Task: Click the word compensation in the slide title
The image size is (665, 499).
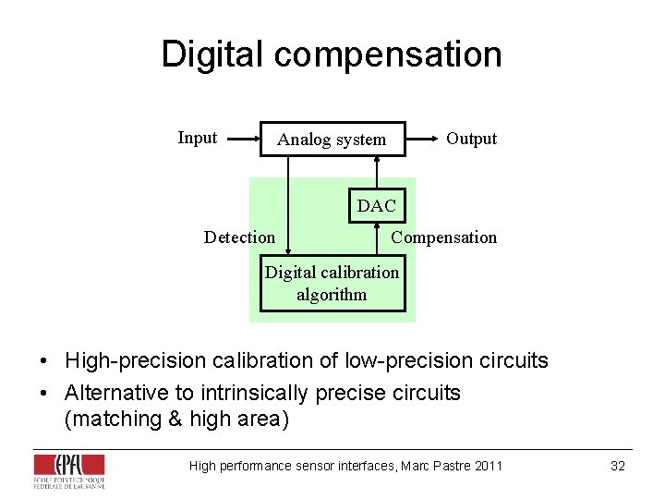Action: (x=388, y=55)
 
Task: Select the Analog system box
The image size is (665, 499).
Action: (x=332, y=140)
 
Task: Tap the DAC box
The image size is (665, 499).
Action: (x=376, y=206)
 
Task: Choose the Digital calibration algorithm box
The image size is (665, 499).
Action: (x=332, y=284)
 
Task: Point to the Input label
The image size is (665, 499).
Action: (x=197, y=138)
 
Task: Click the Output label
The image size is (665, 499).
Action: (x=471, y=139)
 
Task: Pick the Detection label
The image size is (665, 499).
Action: (x=239, y=237)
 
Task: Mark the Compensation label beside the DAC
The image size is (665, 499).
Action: (x=443, y=237)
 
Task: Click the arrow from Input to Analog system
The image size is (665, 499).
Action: (x=244, y=140)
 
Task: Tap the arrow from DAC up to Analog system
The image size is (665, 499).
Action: (x=377, y=173)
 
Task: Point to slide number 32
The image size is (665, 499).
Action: (x=618, y=466)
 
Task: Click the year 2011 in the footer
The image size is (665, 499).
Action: (x=488, y=466)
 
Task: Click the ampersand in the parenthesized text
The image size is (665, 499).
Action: (x=175, y=420)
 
